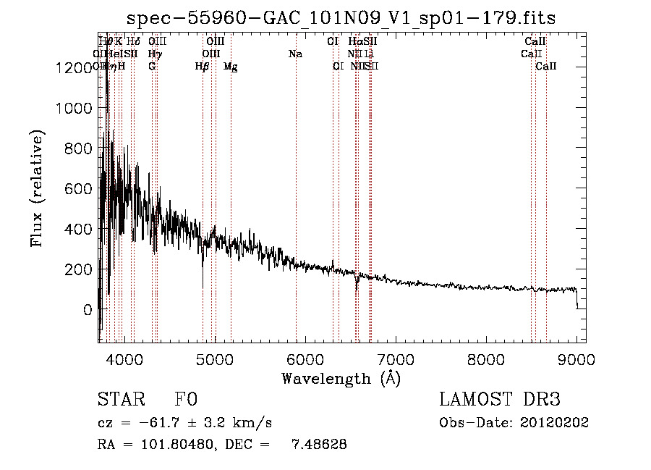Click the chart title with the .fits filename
tap(341, 18)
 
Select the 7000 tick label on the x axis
tap(396, 358)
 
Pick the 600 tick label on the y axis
tap(79, 189)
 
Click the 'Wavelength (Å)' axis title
tap(341, 378)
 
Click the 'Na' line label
tap(295, 54)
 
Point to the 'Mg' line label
tap(230, 67)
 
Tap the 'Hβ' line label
tap(202, 67)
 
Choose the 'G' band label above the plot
tap(152, 67)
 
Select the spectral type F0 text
tap(187, 400)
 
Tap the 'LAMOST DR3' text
tap(499, 400)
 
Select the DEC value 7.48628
tap(318, 445)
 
